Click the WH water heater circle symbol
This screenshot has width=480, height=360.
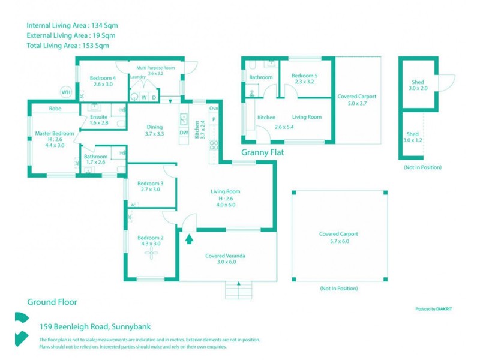(65, 92)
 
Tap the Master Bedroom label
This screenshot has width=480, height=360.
(55, 133)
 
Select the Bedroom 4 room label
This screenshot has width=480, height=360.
(103, 78)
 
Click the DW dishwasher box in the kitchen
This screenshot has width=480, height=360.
(184, 133)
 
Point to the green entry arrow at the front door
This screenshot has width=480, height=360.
(190, 239)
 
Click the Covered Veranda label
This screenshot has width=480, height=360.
(225, 256)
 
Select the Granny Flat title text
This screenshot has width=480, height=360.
(262, 153)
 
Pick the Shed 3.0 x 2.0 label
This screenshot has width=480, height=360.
(418, 82)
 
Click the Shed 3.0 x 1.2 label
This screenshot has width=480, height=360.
(412, 134)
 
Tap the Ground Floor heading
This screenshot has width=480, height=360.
(52, 302)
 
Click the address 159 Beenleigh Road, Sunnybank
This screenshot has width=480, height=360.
(95, 327)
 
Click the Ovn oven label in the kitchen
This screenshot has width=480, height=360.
(214, 109)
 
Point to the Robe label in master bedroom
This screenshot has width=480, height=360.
(55, 109)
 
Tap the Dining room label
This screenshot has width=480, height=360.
(155, 127)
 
